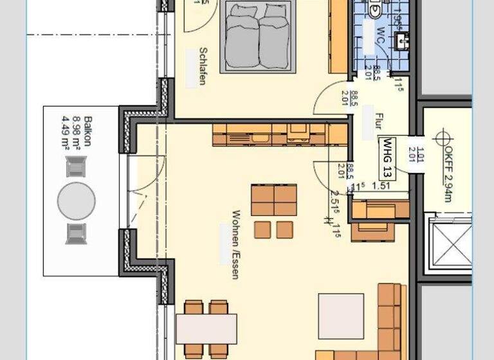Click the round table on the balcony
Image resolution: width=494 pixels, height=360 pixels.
pos(76,201)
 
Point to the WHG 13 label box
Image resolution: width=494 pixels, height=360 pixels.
pos(389,158)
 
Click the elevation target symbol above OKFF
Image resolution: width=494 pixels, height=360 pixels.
pos(441,137)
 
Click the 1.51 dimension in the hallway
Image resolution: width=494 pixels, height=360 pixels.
pos(383,186)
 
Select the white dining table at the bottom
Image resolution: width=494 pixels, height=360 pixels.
pos(206,328)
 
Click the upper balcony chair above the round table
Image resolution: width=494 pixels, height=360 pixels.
pos(76,168)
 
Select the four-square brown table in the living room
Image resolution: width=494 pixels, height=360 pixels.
pos(274,200)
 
